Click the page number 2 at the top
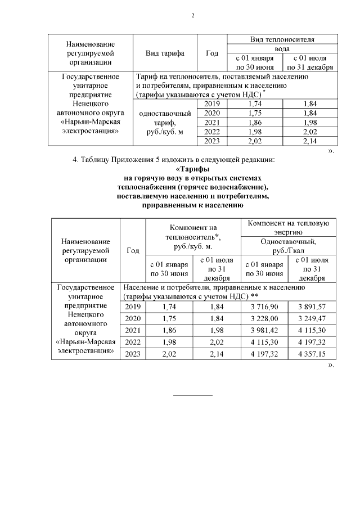coord(192,15)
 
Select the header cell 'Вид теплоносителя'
coord(281,39)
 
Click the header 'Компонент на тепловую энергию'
coord(288,227)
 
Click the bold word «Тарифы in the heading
coord(193,169)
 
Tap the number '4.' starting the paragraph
coord(76,160)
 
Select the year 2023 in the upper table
coord(211,141)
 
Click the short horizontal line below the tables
coord(192,395)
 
